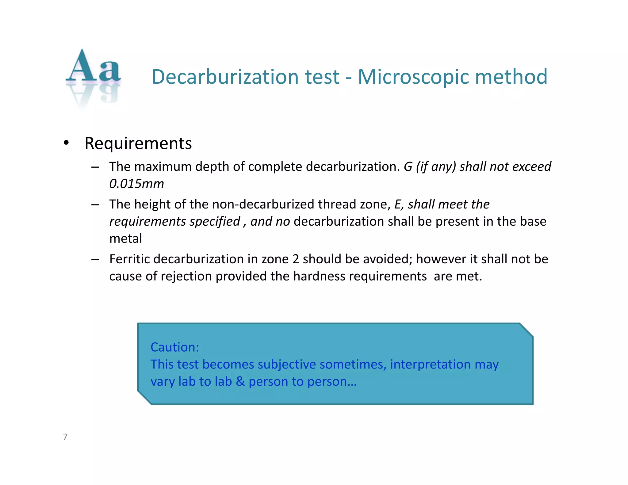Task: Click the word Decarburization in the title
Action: (x=225, y=77)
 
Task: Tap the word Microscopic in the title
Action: (x=413, y=77)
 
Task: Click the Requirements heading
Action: (x=138, y=143)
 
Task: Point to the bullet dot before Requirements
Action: (x=66, y=143)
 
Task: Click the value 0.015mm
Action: (x=136, y=184)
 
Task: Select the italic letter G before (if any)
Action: (x=408, y=167)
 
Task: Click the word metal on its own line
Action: (x=126, y=239)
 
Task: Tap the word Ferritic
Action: (x=130, y=259)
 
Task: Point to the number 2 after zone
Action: (x=296, y=259)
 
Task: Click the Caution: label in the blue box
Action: (x=175, y=347)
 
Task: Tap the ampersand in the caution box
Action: (x=240, y=382)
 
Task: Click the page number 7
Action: (x=65, y=437)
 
